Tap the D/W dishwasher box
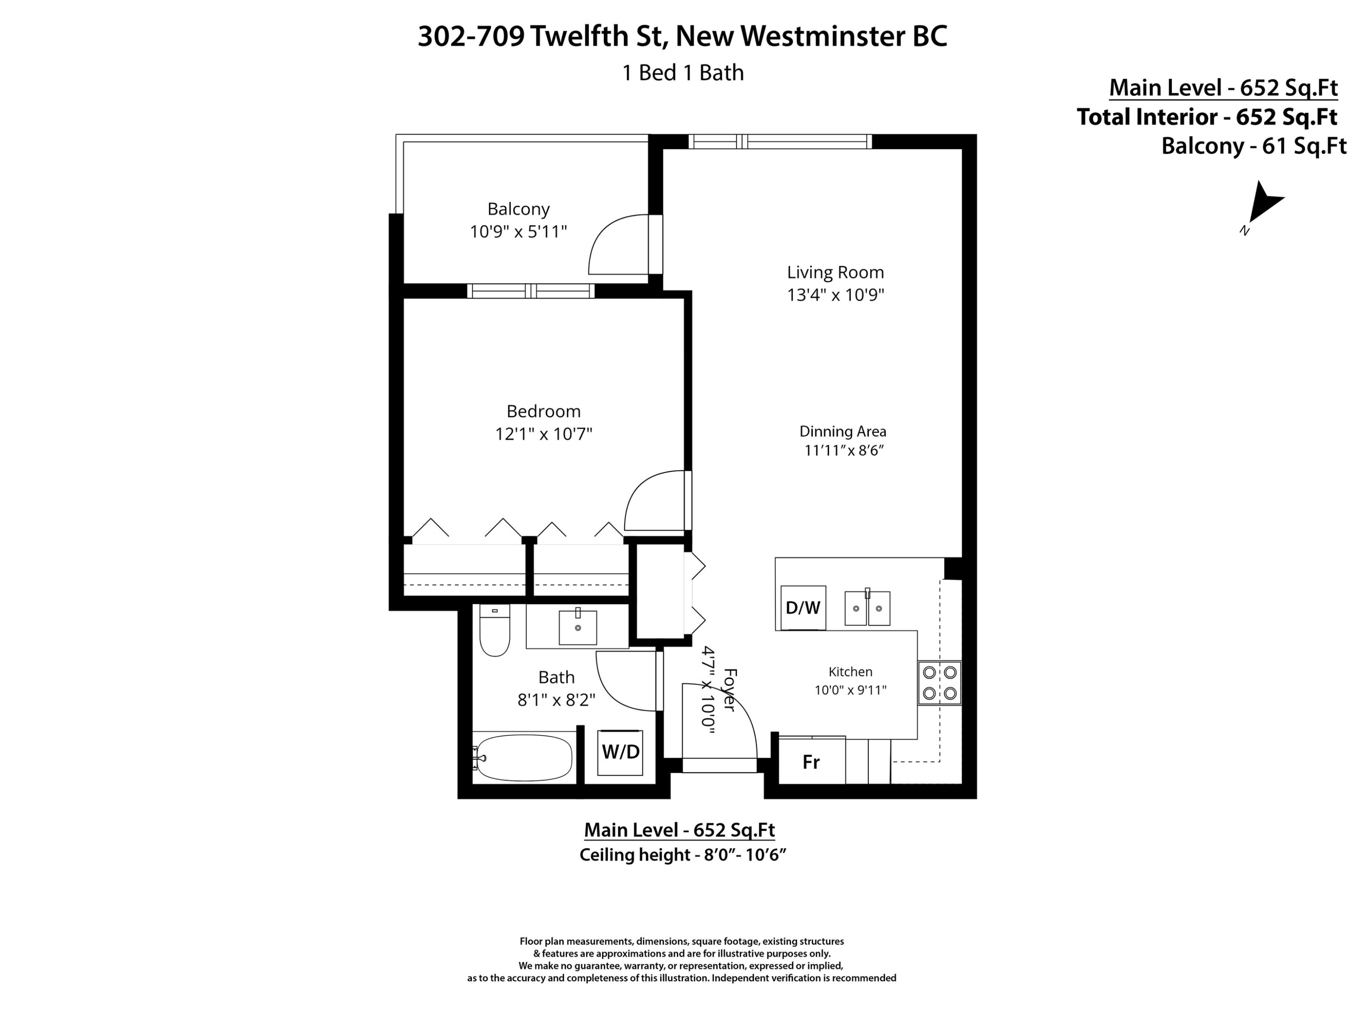click(803, 607)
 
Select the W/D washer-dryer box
click(620, 752)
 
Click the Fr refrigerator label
click(811, 762)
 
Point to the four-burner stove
click(940, 683)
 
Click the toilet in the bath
click(495, 630)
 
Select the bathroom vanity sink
click(578, 627)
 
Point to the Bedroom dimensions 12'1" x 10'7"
click(544, 434)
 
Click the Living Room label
click(835, 272)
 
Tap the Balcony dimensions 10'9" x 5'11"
click(519, 231)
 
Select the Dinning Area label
click(843, 431)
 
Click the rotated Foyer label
click(728, 690)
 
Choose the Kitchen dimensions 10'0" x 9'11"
click(850, 690)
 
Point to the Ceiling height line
click(683, 855)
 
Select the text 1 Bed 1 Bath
click(683, 72)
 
